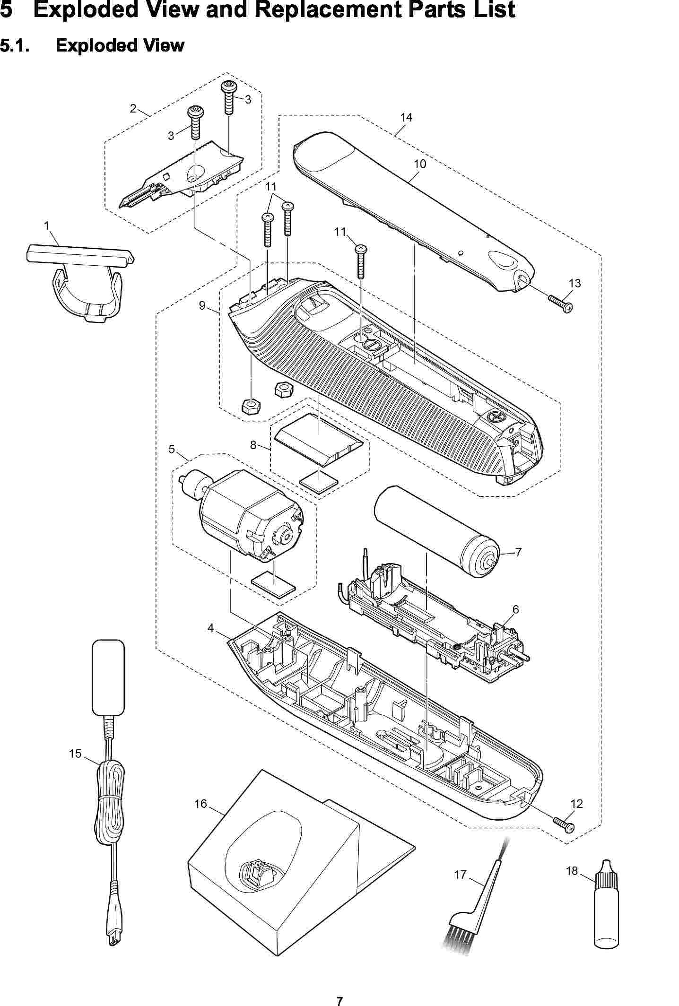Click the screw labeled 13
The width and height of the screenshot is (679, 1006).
tap(561, 303)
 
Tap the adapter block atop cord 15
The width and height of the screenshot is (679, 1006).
tap(108, 677)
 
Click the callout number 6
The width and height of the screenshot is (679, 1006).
tap(515, 610)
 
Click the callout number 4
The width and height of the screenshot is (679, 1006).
tap(210, 628)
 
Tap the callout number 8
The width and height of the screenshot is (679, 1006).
tap(253, 445)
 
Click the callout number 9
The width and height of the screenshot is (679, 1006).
tap(202, 305)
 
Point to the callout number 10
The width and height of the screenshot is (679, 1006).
tap(419, 164)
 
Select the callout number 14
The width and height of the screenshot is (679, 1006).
tap(406, 117)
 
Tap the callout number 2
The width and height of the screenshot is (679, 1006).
tap(133, 109)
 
